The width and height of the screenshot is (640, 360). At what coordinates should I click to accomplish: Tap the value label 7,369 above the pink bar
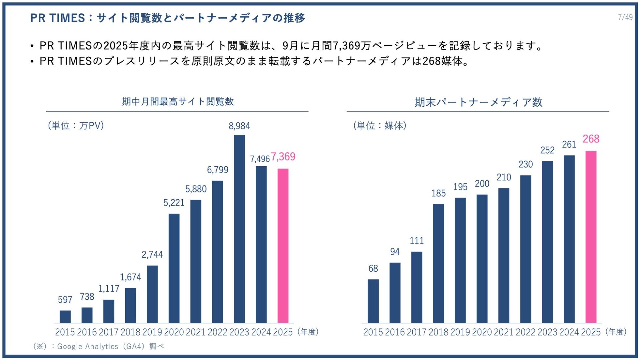pos(283,157)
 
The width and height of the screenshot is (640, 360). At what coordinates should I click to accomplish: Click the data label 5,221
pos(174,203)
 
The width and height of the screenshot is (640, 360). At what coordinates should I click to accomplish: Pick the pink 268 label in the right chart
pos(591,139)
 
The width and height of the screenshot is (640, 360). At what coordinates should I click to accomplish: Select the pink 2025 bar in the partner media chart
pos(591,237)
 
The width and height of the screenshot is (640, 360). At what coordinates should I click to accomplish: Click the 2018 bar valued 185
pos(438,263)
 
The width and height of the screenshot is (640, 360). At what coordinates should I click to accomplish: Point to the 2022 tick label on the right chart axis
pos(526,332)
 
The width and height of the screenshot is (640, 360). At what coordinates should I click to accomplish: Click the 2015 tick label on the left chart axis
pos(65,332)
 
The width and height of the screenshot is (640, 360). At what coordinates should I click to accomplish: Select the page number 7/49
pos(625,17)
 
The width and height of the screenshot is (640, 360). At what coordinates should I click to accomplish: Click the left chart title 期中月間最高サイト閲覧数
pos(178,101)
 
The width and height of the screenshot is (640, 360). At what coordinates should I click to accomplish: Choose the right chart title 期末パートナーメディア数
pos(478,102)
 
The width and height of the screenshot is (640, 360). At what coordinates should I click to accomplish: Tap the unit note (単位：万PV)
pos(76,126)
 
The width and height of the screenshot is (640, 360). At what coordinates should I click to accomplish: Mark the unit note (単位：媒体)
pos(380,126)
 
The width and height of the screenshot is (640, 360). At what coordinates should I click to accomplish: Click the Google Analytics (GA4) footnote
pos(99,346)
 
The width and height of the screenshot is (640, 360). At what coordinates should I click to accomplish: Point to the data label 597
pos(65,300)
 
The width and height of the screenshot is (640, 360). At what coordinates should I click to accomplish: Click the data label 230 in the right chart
pos(526,164)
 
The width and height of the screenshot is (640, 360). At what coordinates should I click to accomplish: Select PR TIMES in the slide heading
pos(57,18)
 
